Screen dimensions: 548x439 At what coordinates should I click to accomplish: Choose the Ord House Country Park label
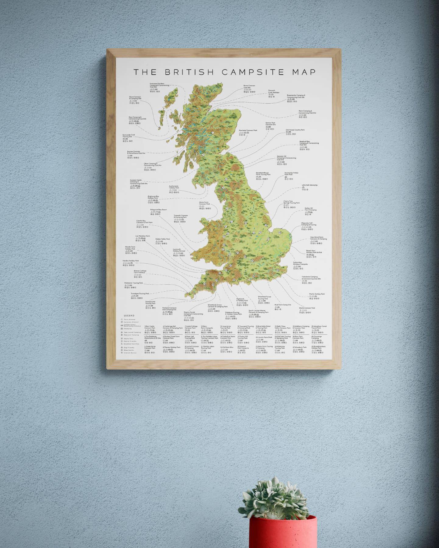pyautogui.click(x=295, y=130)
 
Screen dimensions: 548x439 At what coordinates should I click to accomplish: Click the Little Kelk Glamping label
pyautogui.click(x=309, y=185)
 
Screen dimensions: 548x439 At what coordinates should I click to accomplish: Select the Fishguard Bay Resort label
pyautogui.click(x=158, y=210)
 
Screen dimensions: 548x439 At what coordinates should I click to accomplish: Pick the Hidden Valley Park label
pyautogui.click(x=162, y=239)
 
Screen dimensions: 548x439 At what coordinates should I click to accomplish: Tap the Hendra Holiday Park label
pyautogui.click(x=131, y=261)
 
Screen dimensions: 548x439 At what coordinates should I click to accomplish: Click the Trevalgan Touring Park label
pyautogui.click(x=140, y=294)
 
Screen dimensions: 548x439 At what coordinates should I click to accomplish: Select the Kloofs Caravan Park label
pyautogui.click(x=307, y=308)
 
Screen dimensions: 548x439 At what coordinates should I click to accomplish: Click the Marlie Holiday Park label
pyautogui.click(x=317, y=294)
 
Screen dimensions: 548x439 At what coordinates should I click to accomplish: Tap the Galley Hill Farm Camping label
pyautogui.click(x=310, y=209)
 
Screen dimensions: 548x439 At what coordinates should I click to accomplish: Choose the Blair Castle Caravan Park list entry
pyautogui.click(x=150, y=327)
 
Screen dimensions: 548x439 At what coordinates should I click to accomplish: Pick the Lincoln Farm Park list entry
pyautogui.click(x=264, y=337)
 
